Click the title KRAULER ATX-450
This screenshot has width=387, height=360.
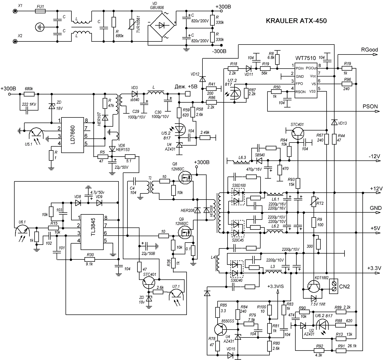(296, 21)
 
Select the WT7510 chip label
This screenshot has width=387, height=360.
(306, 58)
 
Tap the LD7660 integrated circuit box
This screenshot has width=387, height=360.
(73, 135)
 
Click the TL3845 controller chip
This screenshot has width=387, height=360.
(92, 232)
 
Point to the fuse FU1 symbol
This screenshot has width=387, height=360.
(40, 11)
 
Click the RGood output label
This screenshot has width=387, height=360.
(369, 50)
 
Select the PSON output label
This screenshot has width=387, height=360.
(370, 106)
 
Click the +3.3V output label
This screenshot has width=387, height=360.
(374, 268)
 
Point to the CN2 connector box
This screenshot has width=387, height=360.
(334, 286)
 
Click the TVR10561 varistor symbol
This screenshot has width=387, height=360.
(132, 25)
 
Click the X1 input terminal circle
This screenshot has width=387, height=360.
(15, 11)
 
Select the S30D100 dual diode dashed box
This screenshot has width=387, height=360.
(238, 197)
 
